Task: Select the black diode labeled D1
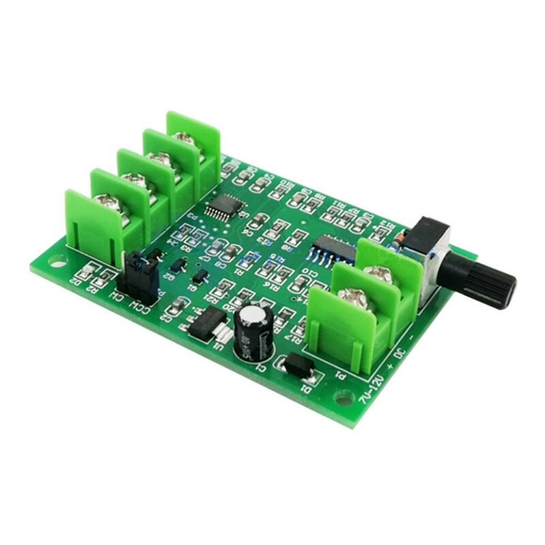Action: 298,366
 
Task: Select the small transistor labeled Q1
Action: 200,277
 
